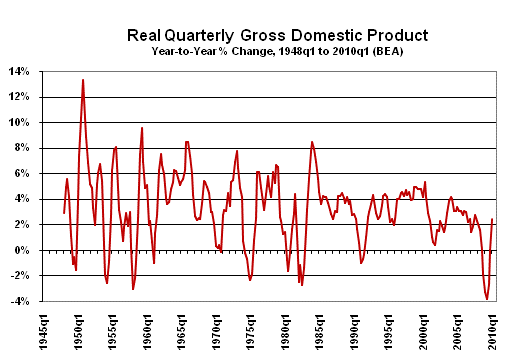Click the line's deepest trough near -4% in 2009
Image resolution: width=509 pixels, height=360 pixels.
(487, 299)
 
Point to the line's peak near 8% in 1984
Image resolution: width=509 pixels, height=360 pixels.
(312, 141)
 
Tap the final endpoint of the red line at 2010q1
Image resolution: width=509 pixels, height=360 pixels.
(493, 219)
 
